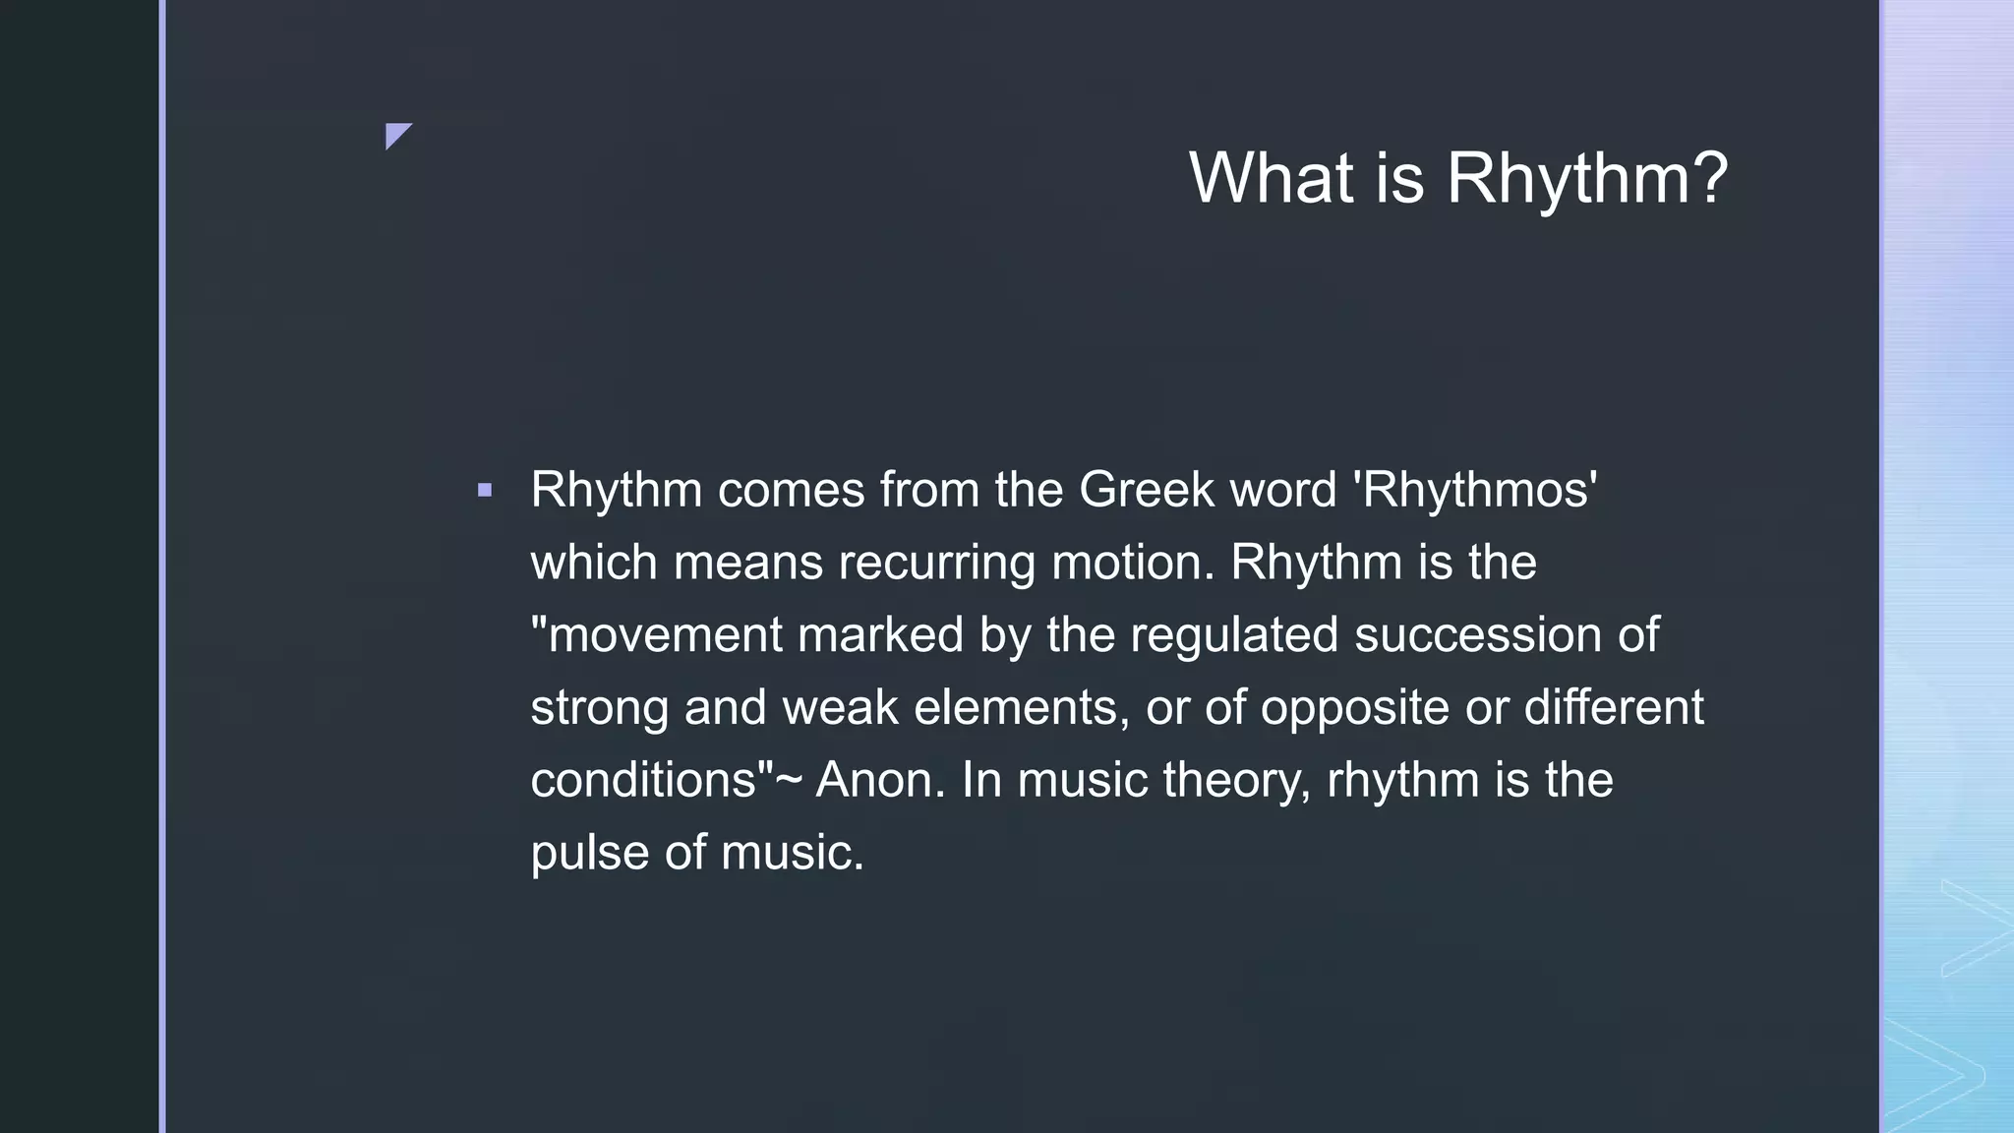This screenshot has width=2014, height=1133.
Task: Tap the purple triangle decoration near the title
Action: pos(396,134)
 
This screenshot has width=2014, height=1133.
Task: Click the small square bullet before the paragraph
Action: pos(484,490)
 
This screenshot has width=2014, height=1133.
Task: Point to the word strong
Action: pos(599,708)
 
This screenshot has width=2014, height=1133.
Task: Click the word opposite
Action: pos(1354,708)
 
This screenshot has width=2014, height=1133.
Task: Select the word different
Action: pos(1614,707)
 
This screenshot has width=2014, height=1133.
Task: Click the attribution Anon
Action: pos(879,780)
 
